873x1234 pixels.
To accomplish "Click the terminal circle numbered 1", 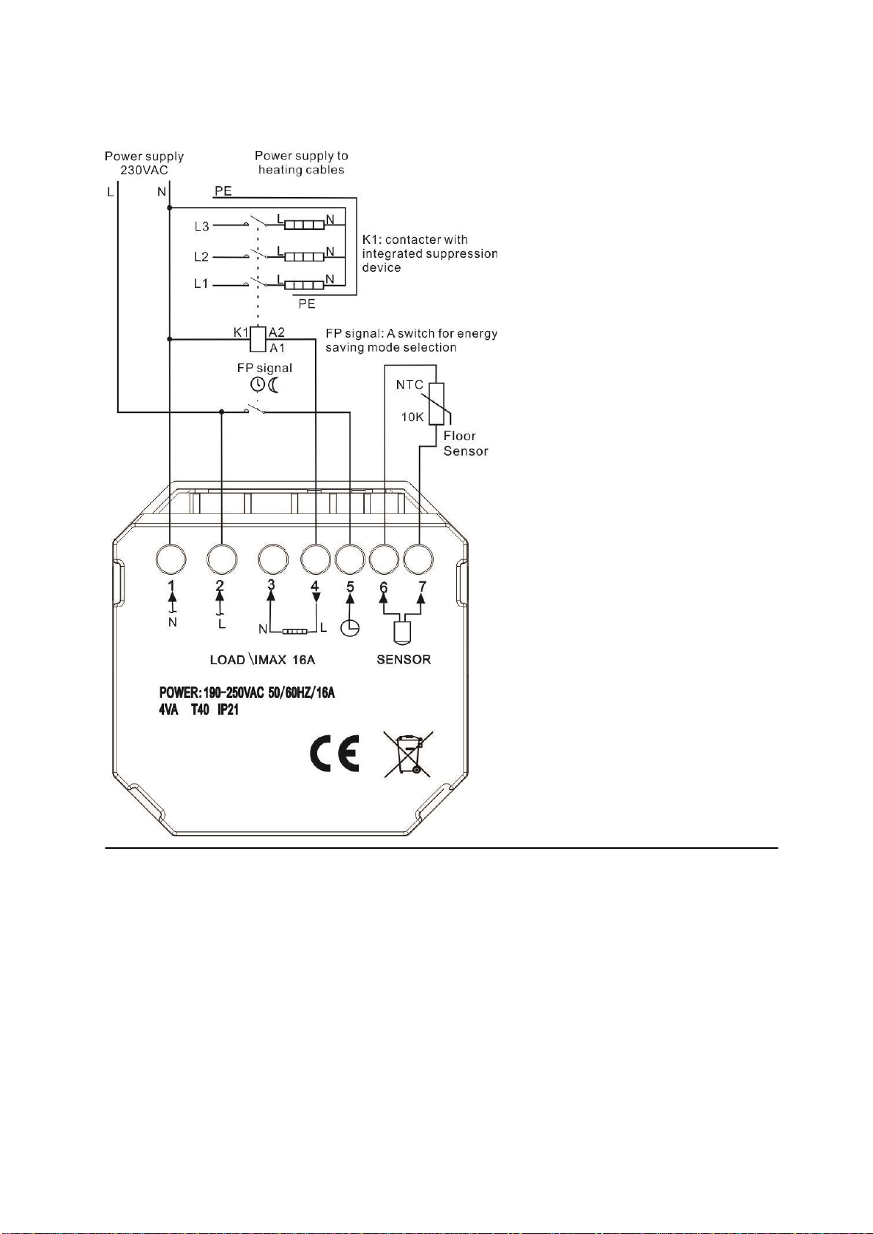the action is pos(171,560).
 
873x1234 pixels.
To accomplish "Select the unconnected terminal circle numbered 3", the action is pos(272,560).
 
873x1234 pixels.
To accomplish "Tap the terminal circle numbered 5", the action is pos(350,560).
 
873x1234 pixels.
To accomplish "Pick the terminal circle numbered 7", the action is pos(419,560).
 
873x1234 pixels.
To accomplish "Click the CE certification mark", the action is pos(334,753).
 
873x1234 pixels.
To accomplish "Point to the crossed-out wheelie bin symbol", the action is pos(408,754).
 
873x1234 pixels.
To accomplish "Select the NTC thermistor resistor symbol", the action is pos(436,404).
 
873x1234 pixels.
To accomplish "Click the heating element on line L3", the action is pos(304,225).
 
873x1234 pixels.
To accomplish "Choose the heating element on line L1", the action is pos(304,285).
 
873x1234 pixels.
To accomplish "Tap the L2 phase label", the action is pos(201,257).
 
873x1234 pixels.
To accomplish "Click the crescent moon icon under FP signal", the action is pos(274,384).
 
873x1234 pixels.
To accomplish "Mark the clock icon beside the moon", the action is pos(259,384).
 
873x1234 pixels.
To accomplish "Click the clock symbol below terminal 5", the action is pos(351,628).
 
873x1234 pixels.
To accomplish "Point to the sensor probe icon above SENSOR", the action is pos(403,633).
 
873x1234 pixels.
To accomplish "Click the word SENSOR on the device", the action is pos(404,659).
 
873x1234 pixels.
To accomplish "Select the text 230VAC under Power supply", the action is pos(144,170).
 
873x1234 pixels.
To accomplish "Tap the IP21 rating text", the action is pos(228,710).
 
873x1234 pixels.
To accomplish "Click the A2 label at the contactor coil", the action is pos(277,332).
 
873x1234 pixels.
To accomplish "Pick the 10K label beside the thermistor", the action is pos(412,417).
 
